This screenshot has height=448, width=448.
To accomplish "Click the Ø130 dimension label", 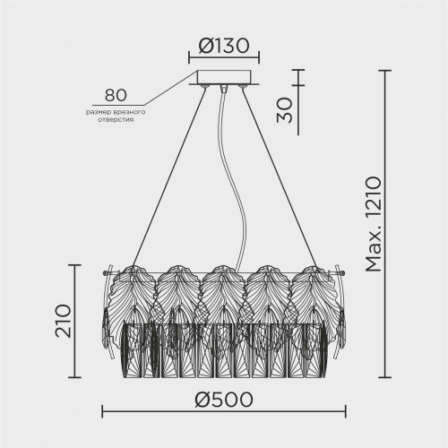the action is (x=224, y=46).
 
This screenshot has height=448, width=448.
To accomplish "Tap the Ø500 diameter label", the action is (x=224, y=400).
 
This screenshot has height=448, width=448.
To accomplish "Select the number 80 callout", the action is (x=116, y=95).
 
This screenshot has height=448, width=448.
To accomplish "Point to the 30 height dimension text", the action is (x=284, y=109).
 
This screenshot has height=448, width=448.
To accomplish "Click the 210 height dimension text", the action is (x=64, y=321).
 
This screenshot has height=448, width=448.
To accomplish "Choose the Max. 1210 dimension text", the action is (x=374, y=224).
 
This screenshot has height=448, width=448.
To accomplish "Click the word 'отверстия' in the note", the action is (x=116, y=120).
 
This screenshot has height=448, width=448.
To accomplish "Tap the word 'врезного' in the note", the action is (x=129, y=112).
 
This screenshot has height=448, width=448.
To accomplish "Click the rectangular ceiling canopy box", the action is (x=224, y=77).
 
